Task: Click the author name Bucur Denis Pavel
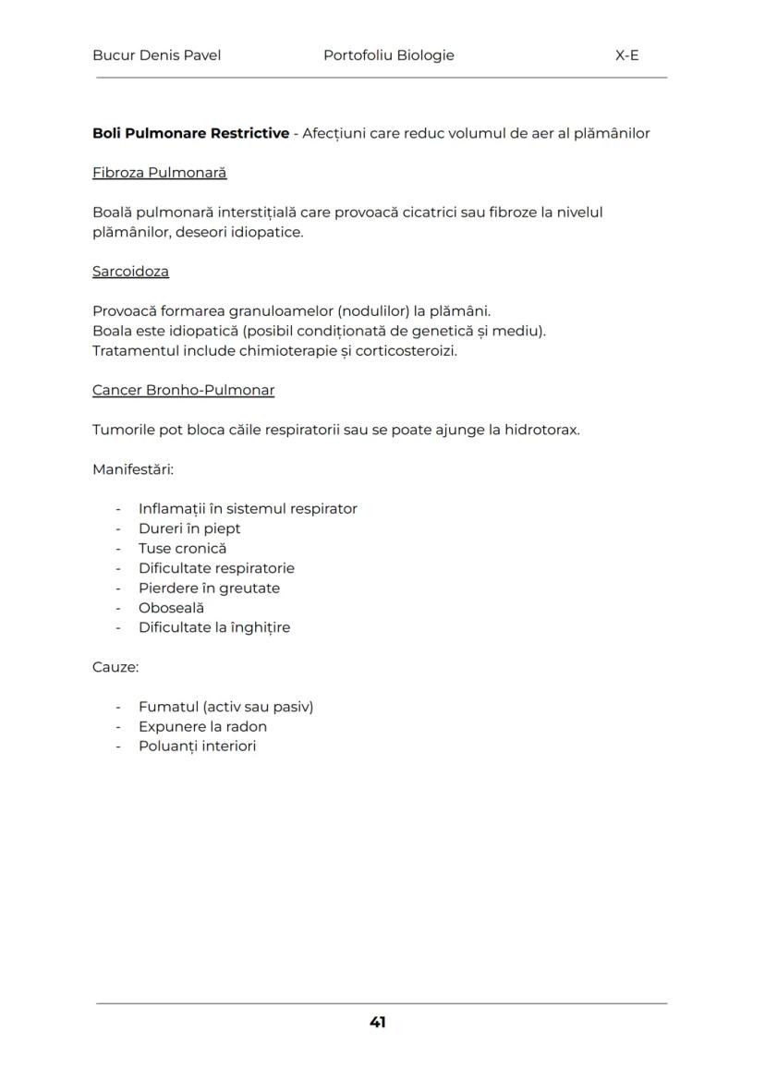tap(156, 55)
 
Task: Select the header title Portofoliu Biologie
tap(388, 55)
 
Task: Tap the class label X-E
tap(626, 55)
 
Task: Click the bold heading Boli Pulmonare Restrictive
tap(190, 133)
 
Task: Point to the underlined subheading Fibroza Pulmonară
tap(159, 173)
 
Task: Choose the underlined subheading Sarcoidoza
tap(130, 272)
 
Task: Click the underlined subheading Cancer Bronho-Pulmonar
tap(183, 390)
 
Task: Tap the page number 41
tap(377, 1022)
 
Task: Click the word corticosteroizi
tap(408, 351)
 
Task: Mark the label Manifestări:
tap(133, 469)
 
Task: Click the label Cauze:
tap(115, 667)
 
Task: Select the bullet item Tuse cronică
tap(182, 549)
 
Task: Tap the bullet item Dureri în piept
tap(189, 528)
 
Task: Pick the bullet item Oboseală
tap(171, 608)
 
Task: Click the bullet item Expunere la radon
tap(202, 726)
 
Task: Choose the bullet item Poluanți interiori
tap(197, 746)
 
